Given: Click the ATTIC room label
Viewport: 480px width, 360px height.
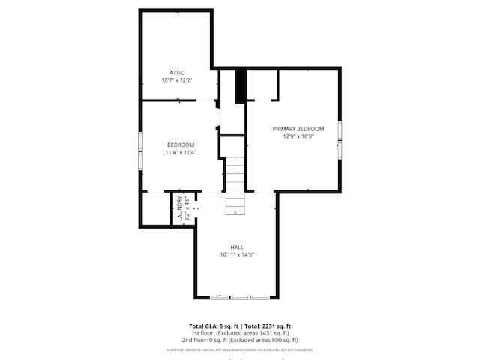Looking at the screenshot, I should coord(176,72).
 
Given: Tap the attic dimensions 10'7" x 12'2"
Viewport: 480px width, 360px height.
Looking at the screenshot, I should coord(176,79).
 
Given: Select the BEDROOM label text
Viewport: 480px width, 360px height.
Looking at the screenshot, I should coord(181,145).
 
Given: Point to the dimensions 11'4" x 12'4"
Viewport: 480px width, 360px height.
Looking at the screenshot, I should coord(181,152).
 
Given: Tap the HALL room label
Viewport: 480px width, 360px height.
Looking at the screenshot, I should coord(237,247).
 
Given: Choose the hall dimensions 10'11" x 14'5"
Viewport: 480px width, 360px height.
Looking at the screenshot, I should coord(237,254).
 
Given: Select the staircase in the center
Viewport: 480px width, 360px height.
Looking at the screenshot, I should coord(236,184).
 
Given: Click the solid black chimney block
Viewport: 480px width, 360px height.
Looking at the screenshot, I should coord(241,85).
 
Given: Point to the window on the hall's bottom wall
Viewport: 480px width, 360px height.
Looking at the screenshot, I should coord(240,298).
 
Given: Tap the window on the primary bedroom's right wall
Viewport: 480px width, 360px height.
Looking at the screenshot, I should coord(340,139).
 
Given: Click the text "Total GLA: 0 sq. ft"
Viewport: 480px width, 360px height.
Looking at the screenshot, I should coord(214,326).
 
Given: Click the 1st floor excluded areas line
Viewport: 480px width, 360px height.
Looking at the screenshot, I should coord(240,333).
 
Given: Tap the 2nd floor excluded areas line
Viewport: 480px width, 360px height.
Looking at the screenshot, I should coord(240,339).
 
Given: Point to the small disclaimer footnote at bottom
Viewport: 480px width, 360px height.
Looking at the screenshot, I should coord(240,349).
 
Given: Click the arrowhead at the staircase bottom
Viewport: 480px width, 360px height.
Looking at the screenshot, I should coord(236,214).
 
